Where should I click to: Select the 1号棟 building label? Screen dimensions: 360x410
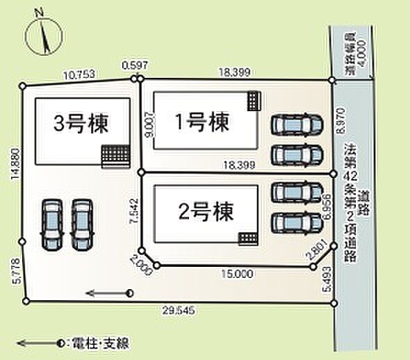tap(202, 123)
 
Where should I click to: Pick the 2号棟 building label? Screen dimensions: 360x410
tap(204, 210)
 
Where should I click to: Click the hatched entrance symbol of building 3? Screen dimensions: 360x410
tap(114, 156)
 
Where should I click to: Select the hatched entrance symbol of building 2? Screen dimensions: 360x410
tap(247, 239)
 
